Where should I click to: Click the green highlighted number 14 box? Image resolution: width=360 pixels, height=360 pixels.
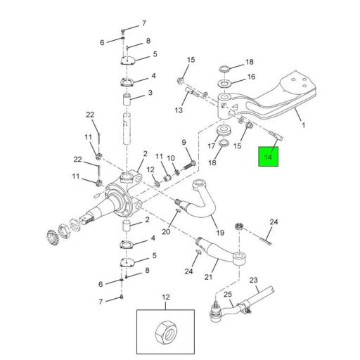tap(268, 155)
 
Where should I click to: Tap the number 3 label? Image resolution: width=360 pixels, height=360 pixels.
tap(150, 93)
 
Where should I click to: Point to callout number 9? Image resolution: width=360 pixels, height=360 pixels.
tap(184, 142)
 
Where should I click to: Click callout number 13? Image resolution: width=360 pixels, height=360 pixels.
tap(179, 110)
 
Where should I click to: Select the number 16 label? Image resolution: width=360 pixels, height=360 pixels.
tap(250, 77)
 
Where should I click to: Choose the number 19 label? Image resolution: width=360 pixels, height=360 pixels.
tap(220, 233)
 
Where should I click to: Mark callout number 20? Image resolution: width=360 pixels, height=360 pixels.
tap(166, 231)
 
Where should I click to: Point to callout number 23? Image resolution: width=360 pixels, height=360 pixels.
tap(254, 278)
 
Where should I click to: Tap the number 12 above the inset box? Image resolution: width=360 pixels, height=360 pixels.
tap(167, 297)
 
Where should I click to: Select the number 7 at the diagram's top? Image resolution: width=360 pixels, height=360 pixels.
tap(144, 22)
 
